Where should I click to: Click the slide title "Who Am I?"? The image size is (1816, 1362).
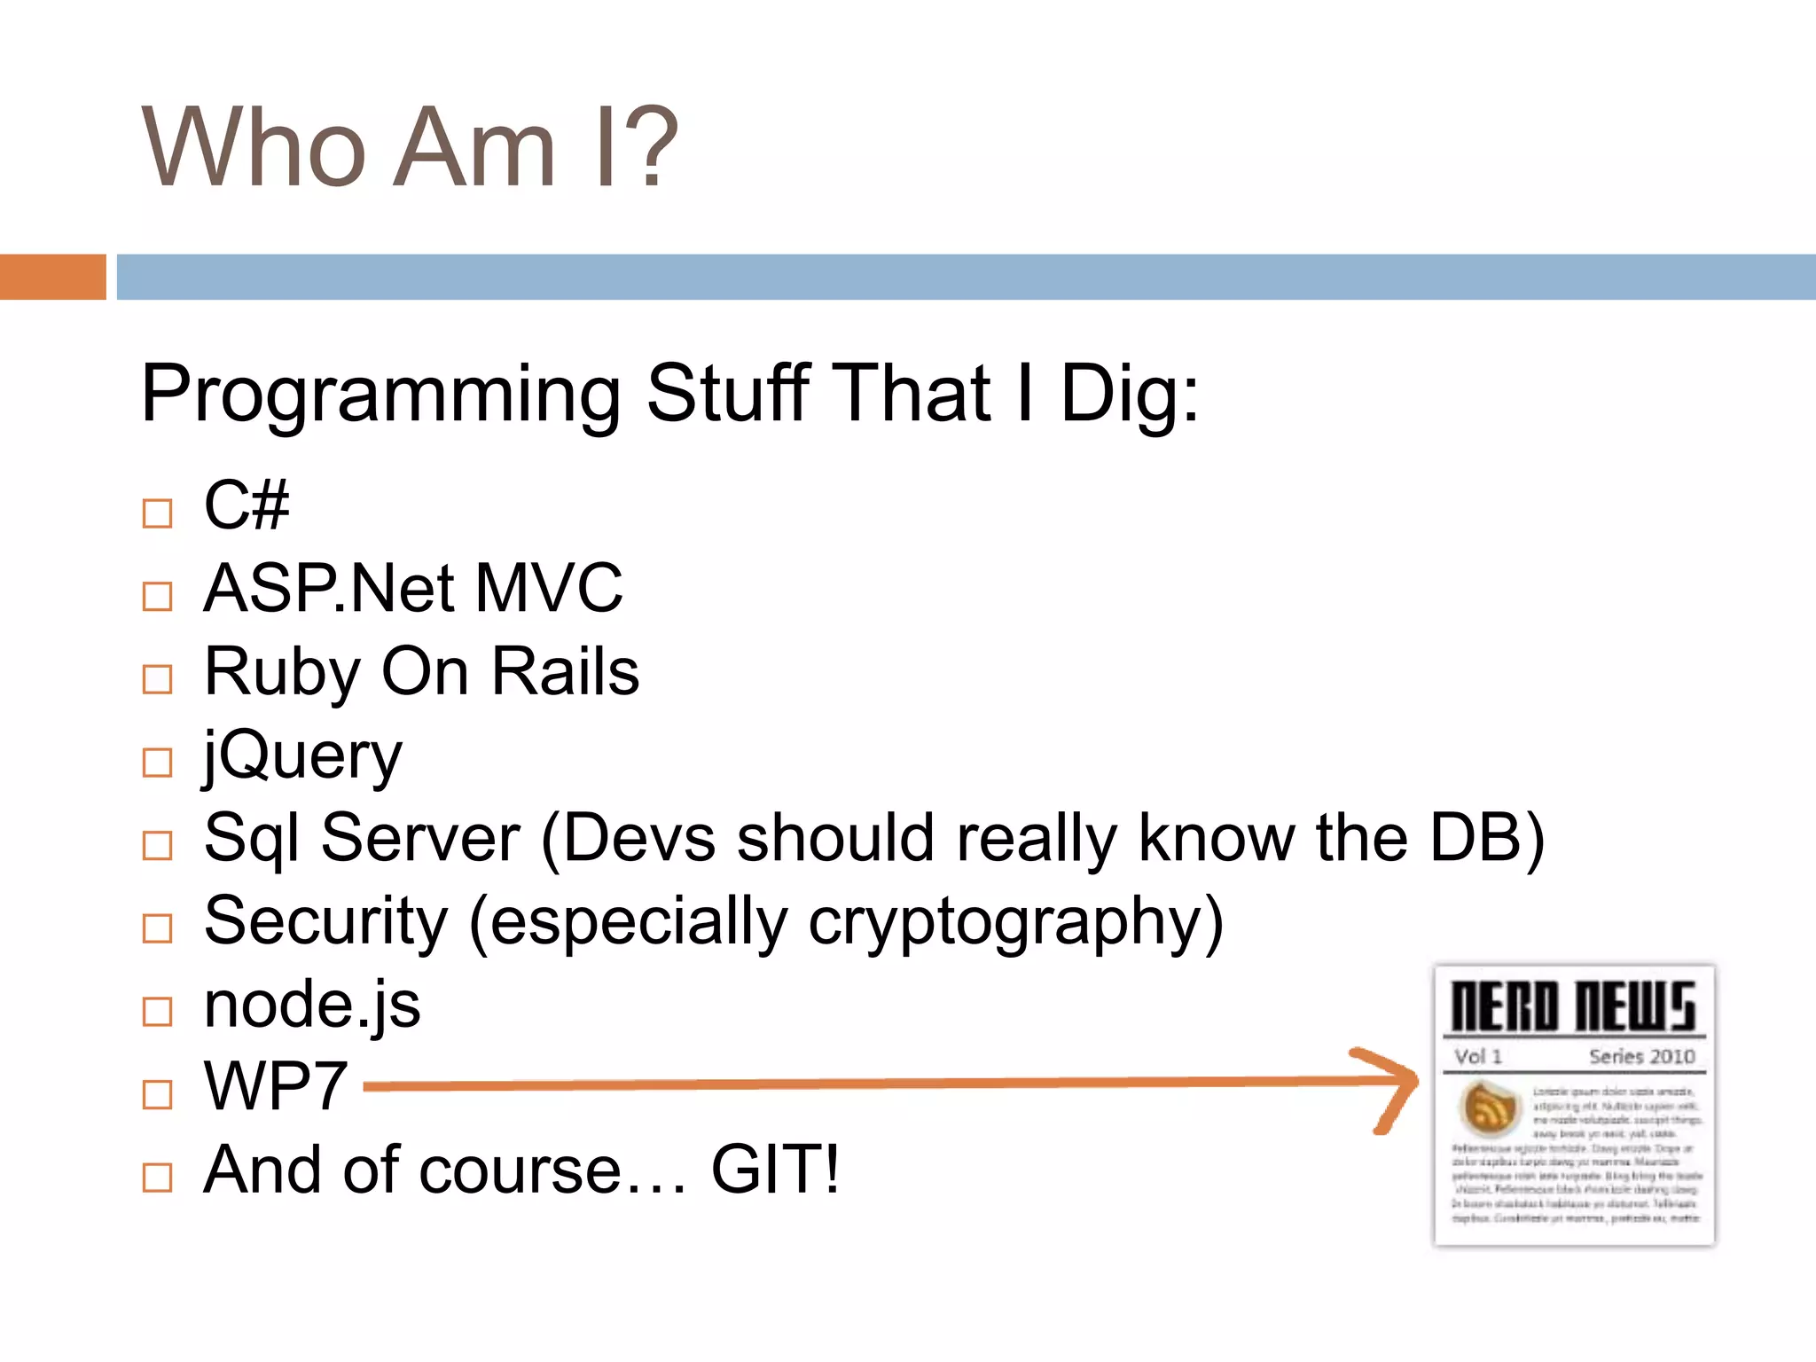click(x=410, y=147)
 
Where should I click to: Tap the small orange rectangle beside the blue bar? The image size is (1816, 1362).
click(x=52, y=277)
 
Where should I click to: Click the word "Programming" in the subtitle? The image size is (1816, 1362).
click(x=380, y=394)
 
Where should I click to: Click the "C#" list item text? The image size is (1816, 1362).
click(x=247, y=505)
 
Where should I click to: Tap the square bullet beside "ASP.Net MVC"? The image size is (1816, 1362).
click(x=157, y=596)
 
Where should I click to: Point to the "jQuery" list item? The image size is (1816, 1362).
click(x=302, y=755)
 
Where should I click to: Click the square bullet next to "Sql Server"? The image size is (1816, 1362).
click(x=157, y=845)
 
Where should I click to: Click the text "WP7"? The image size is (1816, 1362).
click(x=276, y=1086)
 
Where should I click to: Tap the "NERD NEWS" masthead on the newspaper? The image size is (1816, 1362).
click(x=1573, y=1006)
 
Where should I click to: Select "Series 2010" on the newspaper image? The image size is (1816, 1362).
click(x=1641, y=1056)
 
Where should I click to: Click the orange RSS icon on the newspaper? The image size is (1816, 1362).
click(x=1490, y=1108)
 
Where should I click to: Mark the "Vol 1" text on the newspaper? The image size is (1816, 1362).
click(x=1478, y=1056)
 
